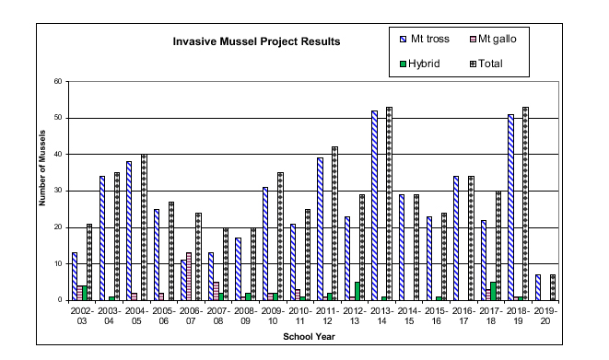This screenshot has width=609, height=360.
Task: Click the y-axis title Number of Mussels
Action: pos(41,191)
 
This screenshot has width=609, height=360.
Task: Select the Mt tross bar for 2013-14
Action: pos(374,205)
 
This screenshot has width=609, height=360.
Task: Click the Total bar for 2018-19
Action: pos(525,203)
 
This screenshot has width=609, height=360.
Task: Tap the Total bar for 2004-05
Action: pos(144,227)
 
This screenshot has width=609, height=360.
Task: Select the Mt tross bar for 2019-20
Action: pos(537,287)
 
